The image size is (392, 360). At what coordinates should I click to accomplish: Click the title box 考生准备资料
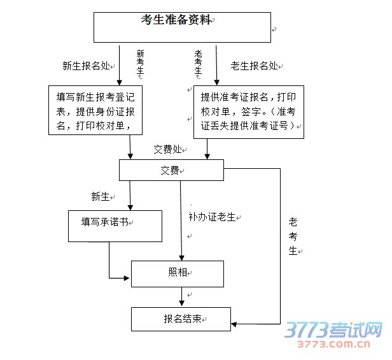[x=183, y=26]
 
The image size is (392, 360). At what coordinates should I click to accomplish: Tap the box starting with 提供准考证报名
[x=248, y=112]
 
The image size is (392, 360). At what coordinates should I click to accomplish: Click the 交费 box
[x=171, y=170]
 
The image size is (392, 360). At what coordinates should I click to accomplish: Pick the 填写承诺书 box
[x=115, y=225]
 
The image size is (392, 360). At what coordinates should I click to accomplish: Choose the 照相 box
[x=178, y=273]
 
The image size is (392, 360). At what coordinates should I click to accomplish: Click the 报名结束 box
[x=181, y=318]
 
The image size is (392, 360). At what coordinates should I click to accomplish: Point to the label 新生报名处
[x=86, y=66]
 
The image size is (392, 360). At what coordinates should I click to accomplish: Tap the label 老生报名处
[x=254, y=65]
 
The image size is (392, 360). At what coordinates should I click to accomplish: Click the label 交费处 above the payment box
[x=167, y=149]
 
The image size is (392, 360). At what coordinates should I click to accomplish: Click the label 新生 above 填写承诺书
[x=101, y=196]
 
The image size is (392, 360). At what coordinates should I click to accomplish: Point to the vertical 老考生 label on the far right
[x=293, y=236]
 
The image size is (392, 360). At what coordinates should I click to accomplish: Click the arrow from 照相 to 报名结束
[x=182, y=296]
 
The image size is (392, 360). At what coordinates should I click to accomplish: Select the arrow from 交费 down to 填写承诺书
[x=130, y=194]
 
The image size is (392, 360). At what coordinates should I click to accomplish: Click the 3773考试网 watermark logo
[x=333, y=331]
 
